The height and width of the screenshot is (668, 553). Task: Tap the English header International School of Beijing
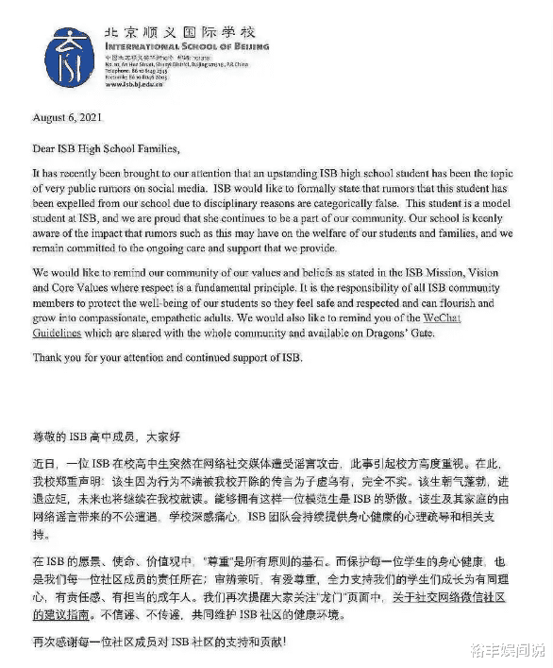click(187, 44)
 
